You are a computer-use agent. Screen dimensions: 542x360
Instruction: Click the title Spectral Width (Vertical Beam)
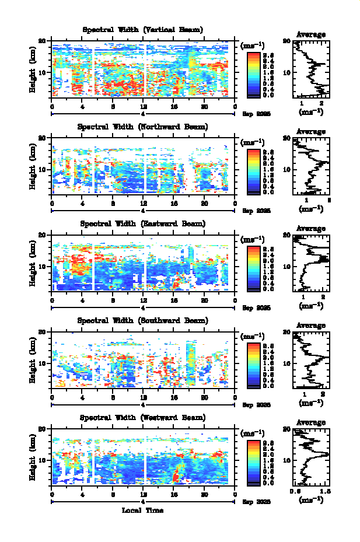pyautogui.click(x=142, y=30)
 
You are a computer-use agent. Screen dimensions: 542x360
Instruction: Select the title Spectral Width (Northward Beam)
pyautogui.click(x=142, y=127)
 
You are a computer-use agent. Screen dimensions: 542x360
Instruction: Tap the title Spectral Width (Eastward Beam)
pyautogui.click(x=142, y=223)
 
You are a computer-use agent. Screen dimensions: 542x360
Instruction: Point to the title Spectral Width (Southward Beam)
pyautogui.click(x=142, y=320)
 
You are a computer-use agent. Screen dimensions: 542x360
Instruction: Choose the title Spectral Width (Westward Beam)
pyautogui.click(x=142, y=418)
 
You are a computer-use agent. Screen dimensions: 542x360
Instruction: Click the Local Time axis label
pyautogui.click(x=142, y=510)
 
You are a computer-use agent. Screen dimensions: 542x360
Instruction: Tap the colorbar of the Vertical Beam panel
pyautogui.click(x=253, y=74)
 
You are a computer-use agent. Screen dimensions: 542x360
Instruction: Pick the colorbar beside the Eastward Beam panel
pyautogui.click(x=253, y=267)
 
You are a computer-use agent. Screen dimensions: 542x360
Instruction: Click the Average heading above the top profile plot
pyautogui.click(x=311, y=34)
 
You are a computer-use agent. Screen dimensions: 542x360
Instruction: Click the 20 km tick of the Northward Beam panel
pyautogui.click(x=42, y=138)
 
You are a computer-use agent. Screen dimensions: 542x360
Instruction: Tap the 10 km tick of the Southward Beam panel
pyautogui.click(x=42, y=363)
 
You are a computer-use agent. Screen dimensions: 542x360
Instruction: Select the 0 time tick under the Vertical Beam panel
pyautogui.click(x=53, y=106)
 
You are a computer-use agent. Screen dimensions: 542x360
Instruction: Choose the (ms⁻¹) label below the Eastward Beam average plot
pyautogui.click(x=311, y=305)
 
